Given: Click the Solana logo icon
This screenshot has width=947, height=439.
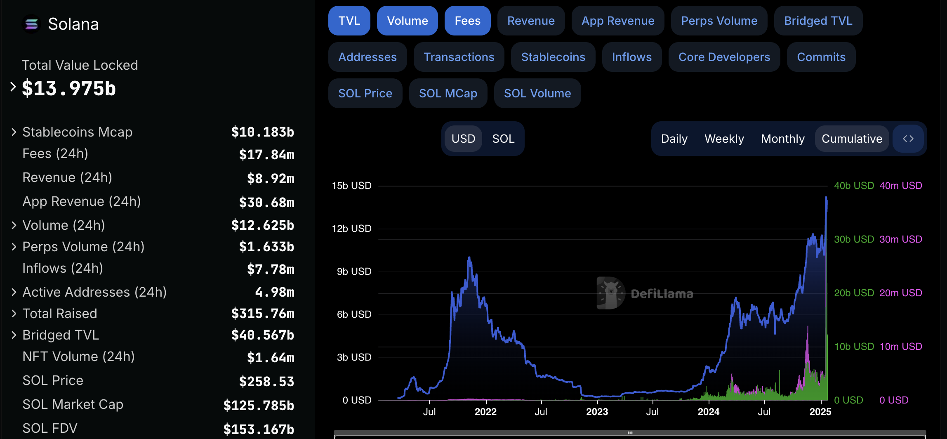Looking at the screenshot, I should coord(31,24).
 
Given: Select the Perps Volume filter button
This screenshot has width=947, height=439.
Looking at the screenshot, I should coord(719,21).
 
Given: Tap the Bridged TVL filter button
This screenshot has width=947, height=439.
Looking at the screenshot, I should coord(818,21).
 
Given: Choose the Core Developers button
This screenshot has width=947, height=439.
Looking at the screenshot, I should coord(724,57).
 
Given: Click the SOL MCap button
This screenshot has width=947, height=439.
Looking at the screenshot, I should coord(448,93).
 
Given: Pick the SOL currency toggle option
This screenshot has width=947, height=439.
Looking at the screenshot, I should coord(503,139).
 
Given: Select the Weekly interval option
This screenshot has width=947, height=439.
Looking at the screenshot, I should coord(724,139).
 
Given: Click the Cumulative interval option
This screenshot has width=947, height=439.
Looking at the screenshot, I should coord(851,139).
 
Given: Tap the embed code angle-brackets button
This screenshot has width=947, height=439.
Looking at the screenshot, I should coord(908,139).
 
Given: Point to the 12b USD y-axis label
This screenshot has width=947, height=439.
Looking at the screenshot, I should coord(351,229).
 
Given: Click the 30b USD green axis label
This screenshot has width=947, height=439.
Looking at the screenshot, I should coord(854,239).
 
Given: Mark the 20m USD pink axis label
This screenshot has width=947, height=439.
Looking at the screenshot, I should coord(900,293).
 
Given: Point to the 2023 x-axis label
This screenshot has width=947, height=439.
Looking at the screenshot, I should coord(597,412).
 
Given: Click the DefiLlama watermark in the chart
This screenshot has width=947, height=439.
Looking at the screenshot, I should coord(645,293).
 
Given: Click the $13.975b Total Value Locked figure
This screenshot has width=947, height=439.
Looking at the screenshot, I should coord(69,88).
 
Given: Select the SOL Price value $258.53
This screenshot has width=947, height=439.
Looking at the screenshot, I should coord(266,381).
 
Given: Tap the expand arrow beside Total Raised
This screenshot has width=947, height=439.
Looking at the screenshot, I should coord(14,314).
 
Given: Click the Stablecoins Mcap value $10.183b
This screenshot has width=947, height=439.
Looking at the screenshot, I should coord(262,132).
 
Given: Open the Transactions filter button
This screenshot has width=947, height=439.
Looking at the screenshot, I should coord(459,57).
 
